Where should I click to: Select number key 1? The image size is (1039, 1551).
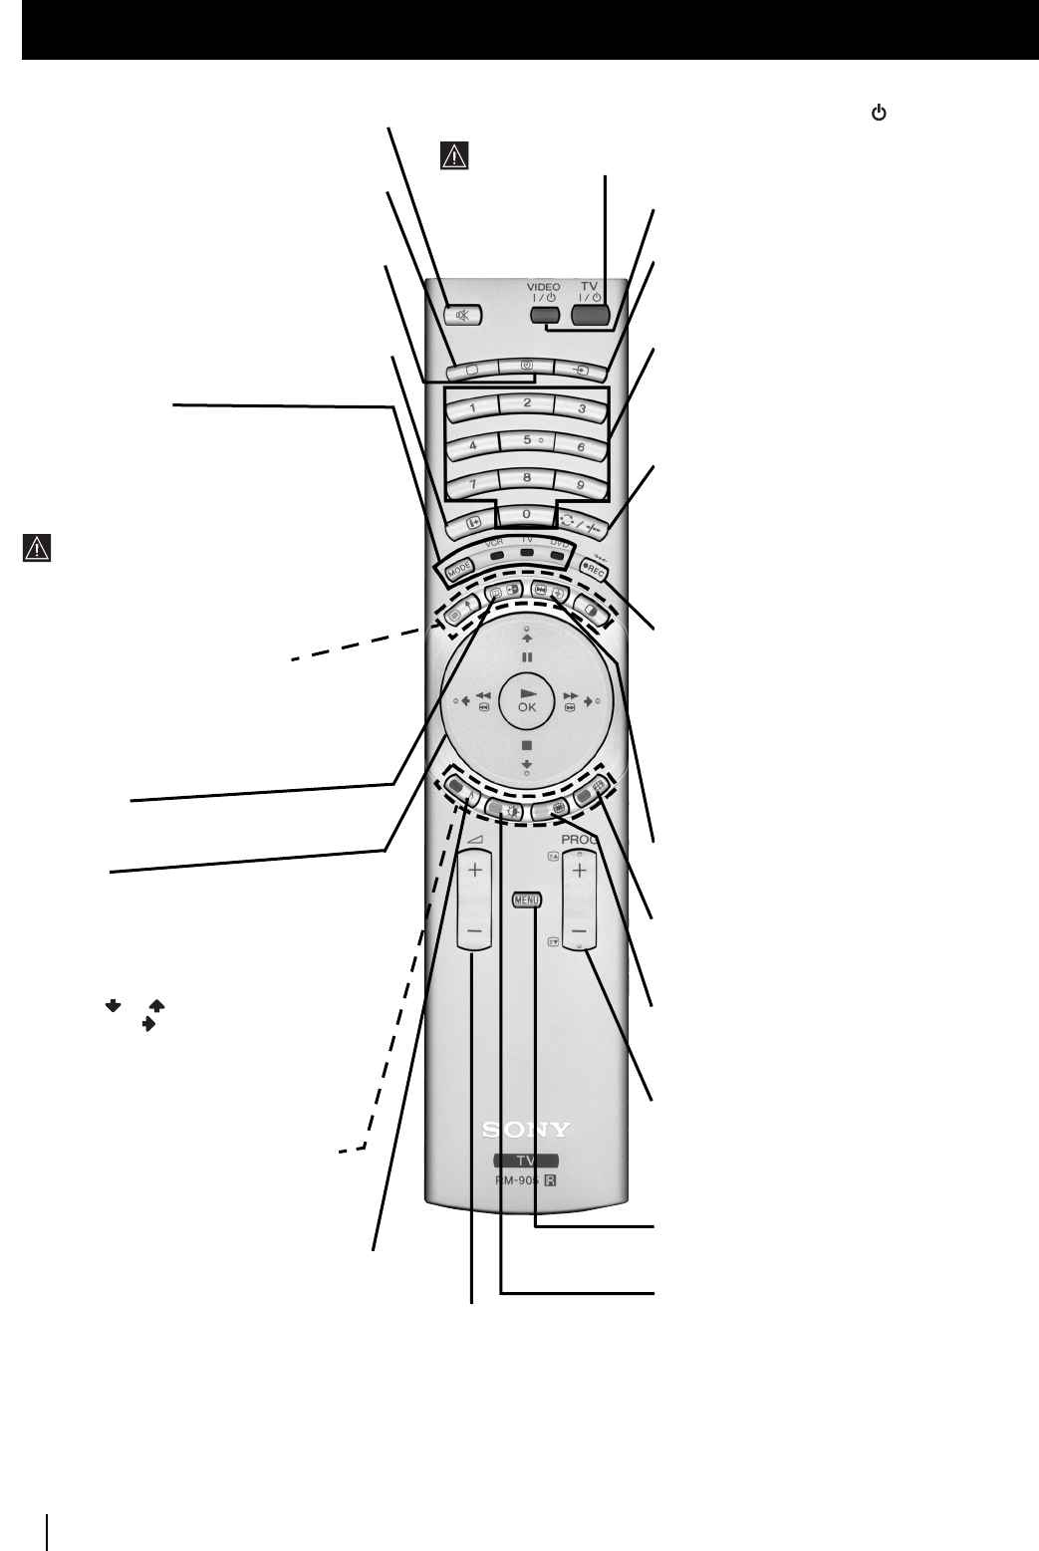click(472, 407)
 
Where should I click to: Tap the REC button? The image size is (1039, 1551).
click(595, 571)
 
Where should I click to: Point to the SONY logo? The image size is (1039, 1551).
click(526, 1130)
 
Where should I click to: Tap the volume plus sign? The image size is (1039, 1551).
click(474, 870)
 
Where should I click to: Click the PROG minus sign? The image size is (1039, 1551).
click(579, 932)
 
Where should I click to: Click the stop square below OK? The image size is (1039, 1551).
click(526, 745)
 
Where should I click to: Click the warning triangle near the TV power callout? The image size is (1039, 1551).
click(453, 155)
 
